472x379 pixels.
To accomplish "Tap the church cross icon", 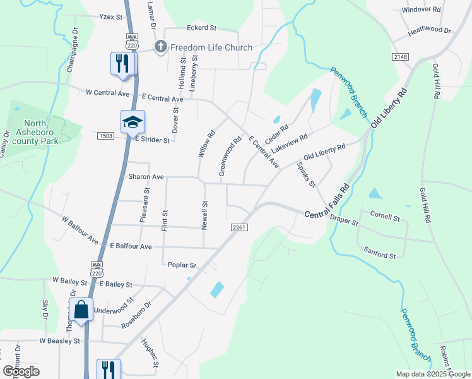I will click(161, 47).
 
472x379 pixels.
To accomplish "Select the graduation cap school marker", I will click(133, 122).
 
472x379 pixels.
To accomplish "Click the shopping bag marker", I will click(81, 310).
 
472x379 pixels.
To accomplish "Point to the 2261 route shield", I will click(238, 227).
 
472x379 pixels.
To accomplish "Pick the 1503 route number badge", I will click(105, 136).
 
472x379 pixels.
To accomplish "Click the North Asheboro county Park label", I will click(40, 133).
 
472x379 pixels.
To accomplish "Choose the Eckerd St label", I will click(201, 28).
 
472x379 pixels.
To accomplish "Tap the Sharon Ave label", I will click(146, 177).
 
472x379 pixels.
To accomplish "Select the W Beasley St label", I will click(60, 340).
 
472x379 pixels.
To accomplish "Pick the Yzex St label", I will click(110, 17).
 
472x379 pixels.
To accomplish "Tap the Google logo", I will click(21, 371).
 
